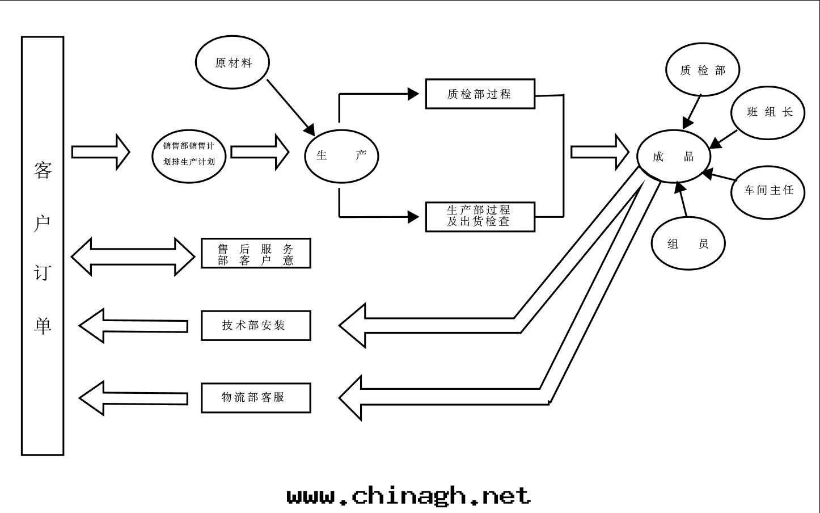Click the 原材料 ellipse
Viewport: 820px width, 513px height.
[233, 62]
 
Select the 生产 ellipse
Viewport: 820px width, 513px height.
[341, 155]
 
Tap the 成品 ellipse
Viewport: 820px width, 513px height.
[674, 157]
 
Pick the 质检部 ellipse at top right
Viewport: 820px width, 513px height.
[703, 70]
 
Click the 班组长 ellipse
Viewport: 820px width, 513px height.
[769, 112]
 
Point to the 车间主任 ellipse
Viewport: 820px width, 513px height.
[768, 191]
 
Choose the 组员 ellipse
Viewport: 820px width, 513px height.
[688, 244]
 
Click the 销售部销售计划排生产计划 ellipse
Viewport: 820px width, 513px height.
[189, 154]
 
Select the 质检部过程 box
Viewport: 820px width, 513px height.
[480, 94]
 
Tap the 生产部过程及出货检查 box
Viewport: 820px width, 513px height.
[480, 217]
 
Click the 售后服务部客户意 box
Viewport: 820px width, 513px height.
[256, 253]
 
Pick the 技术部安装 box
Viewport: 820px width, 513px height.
[256, 326]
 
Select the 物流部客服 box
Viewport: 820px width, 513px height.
[256, 398]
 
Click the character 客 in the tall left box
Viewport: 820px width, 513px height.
[43, 170]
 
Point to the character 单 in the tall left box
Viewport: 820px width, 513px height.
[43, 325]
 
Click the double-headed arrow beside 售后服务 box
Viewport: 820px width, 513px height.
[133, 257]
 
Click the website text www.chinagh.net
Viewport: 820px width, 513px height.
[408, 495]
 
